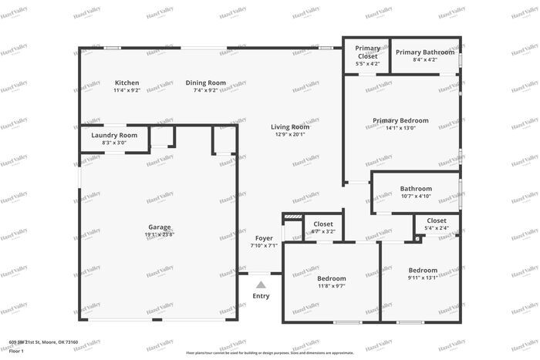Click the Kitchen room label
127,82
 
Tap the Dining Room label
209,82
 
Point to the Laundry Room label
114,135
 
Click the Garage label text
160,227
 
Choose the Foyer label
264,238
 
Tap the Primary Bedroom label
400,120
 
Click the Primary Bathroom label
425,52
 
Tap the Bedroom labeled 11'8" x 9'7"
332,278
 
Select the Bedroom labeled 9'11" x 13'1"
423,270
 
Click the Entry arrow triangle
261,284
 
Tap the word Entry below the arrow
262,296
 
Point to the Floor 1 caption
17,351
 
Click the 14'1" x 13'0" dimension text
400,128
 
